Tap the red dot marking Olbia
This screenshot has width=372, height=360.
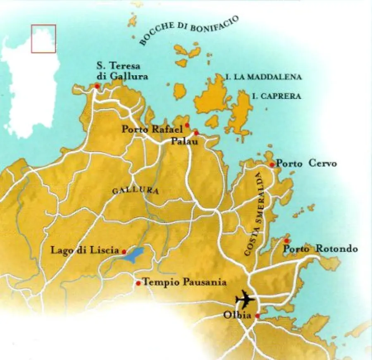[x=258, y=316]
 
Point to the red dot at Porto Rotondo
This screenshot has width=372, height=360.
[x=286, y=241]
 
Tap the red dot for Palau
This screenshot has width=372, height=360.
[x=196, y=133]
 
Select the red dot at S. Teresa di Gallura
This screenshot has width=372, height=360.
[x=97, y=86]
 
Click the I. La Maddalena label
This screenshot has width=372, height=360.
[x=264, y=77]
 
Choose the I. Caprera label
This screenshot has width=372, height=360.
[x=276, y=96]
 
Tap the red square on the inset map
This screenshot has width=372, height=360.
[x=43, y=39]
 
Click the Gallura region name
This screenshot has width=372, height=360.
[x=129, y=191]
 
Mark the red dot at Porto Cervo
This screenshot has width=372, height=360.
[x=272, y=165]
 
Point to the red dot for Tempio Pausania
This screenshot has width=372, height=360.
[x=138, y=283]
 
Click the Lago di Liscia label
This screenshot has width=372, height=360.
[x=85, y=250]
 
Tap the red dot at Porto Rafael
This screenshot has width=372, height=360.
[x=187, y=125]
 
